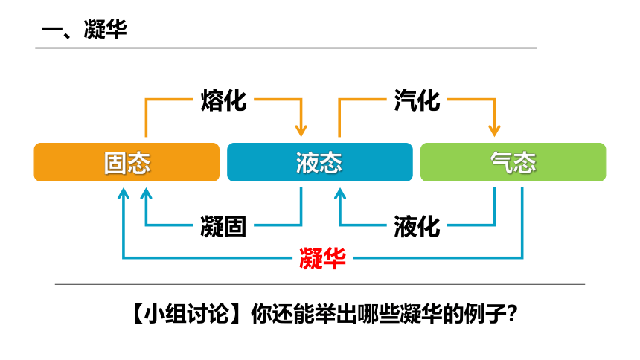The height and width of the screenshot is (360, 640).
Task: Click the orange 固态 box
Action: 127,162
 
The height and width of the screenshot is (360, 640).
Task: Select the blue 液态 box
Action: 319,162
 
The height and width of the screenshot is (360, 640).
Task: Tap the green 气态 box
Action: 513,162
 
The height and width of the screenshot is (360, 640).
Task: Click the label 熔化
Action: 223,100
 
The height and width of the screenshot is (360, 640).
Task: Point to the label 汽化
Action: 417,100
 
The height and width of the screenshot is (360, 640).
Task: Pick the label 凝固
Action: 223,227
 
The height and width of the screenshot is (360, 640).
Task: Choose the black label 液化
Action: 417,227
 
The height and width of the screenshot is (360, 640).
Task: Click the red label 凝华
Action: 322,258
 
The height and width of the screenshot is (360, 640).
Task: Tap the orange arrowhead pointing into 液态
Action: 301,131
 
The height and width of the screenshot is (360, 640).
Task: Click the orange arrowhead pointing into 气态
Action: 494,131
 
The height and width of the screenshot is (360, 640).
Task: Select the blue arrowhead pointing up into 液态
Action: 340,193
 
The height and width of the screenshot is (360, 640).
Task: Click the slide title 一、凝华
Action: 85,30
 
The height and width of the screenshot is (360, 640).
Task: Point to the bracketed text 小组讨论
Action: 187,314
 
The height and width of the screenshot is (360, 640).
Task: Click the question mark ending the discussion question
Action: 512,314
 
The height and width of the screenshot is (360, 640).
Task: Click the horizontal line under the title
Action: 286,48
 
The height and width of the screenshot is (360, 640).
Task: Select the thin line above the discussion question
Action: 320,283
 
